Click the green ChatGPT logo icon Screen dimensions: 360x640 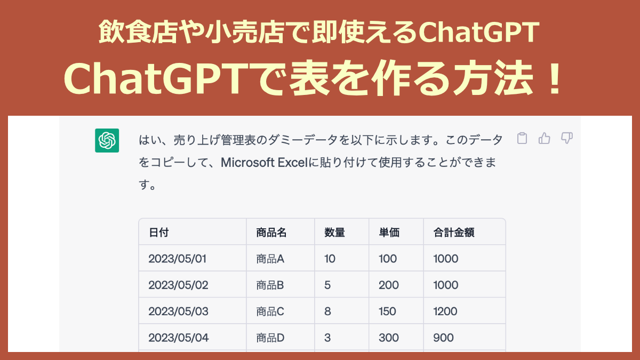tap(107, 141)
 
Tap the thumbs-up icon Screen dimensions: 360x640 tap(545, 139)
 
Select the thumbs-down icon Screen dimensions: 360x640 tap(567, 139)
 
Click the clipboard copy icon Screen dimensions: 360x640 tap(523, 139)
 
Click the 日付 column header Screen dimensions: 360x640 tap(159, 232)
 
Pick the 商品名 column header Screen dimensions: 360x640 tap(271, 232)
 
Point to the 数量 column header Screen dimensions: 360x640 tap(334, 232)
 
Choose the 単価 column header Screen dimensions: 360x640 tap(389, 232)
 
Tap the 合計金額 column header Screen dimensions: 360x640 tap(454, 232)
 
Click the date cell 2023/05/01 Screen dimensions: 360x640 tap(178, 259)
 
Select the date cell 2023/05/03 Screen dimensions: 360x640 tap(178, 311)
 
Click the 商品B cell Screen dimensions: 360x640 tap(270, 285)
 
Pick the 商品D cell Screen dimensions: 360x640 tap(270, 337)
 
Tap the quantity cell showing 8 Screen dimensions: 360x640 tap(327, 311)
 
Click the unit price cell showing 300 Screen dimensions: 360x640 tap(388, 337)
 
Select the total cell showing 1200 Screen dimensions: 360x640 tap(446, 311)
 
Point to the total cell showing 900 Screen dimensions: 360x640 tap(444, 337)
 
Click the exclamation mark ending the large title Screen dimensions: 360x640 tap(555, 80)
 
